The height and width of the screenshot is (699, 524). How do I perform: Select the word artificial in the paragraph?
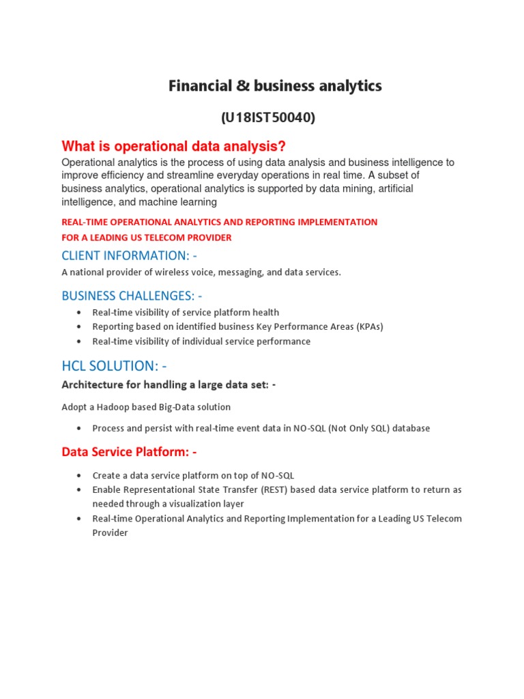point(389,188)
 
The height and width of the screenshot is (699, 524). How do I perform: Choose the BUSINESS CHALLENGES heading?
point(132,296)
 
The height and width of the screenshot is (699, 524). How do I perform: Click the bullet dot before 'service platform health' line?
point(79,313)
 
